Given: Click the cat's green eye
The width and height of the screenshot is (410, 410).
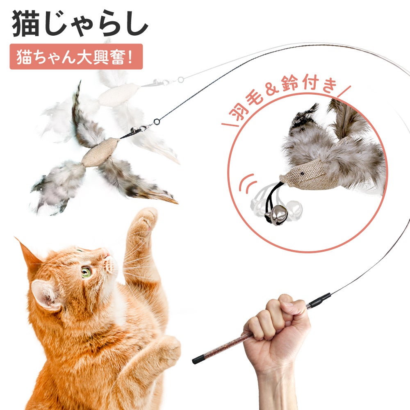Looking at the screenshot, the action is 86,272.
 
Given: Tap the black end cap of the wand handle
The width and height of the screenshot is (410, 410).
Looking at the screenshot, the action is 197,361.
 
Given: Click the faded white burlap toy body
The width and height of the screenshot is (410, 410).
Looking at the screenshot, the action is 119,95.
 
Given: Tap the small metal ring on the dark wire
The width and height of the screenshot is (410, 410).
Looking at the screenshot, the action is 157,122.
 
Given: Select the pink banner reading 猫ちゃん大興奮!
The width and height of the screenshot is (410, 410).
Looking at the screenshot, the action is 76,57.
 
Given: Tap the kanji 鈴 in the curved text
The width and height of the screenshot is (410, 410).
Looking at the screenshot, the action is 290,83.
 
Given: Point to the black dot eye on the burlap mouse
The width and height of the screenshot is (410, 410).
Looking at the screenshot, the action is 303,173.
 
